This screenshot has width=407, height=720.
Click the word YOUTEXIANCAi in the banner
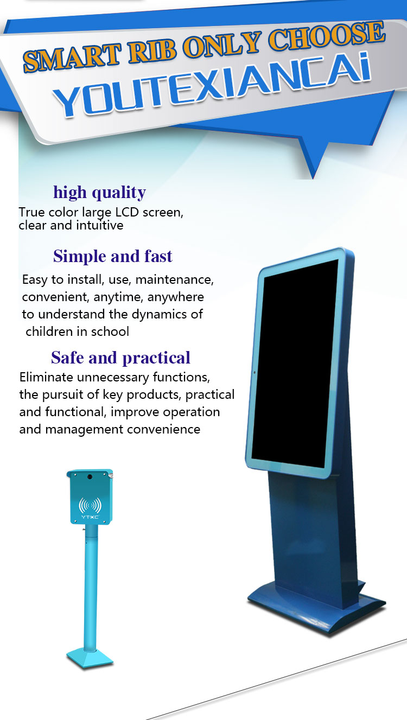pos(212,85)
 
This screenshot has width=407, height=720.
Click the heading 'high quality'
pos(99,193)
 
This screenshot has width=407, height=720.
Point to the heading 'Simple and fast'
pos(113,256)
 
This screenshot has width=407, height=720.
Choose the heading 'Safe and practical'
pos(120,358)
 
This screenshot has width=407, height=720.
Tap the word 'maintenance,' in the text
pos(175,279)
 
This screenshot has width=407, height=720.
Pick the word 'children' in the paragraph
pos(49,332)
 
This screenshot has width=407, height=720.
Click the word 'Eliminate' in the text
pos(46,377)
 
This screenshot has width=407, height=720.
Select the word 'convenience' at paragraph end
pos(164,429)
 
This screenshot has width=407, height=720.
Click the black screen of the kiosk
pos(295,363)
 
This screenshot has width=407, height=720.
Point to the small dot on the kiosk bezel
pos(255,373)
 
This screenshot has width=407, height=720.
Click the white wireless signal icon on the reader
pos(90,506)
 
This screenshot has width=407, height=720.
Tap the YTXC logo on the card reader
pos(90,517)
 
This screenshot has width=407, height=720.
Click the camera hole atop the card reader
pos(90,477)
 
